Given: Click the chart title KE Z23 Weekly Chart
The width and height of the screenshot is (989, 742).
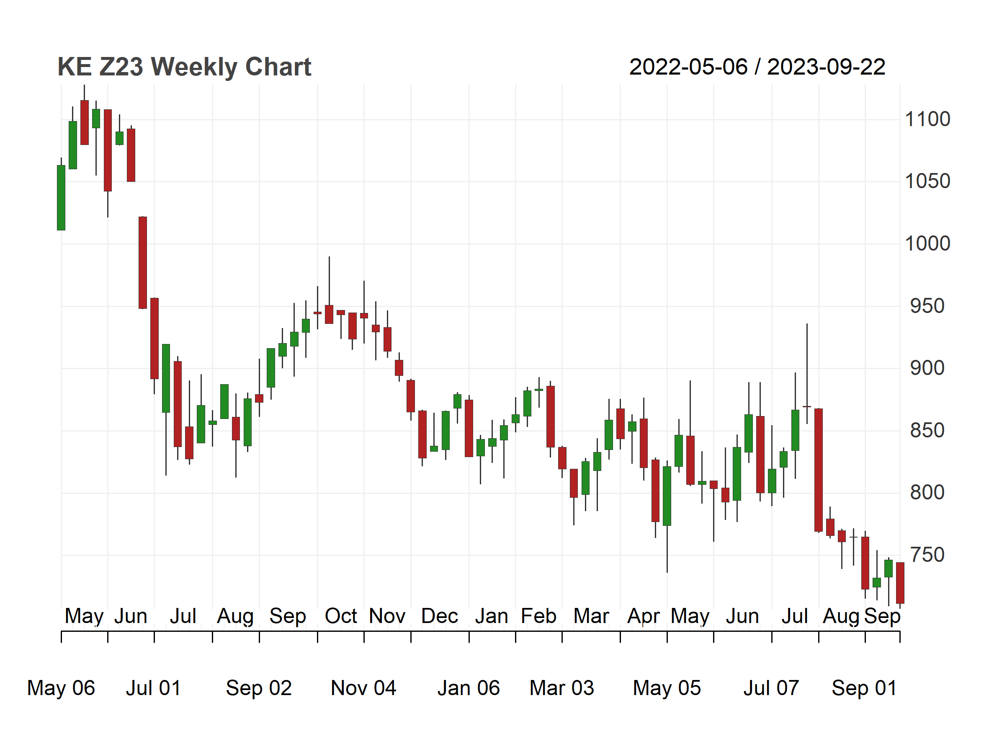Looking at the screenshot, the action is click(184, 67).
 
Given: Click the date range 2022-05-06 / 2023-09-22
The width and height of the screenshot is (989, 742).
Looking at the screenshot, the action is click(757, 67).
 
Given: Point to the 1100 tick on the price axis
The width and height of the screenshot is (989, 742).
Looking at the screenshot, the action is click(927, 119).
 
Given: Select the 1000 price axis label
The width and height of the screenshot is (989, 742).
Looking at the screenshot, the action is click(927, 244).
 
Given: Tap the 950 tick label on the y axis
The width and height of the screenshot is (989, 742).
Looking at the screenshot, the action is click(927, 306).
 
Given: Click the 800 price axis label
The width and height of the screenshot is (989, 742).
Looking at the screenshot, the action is click(927, 492).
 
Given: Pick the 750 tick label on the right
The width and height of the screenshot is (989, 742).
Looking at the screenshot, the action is click(927, 555).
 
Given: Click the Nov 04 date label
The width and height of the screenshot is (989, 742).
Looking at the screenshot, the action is click(363, 688).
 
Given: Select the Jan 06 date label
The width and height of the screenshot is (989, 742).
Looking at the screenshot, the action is click(469, 688).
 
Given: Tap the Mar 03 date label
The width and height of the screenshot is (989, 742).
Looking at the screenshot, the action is click(561, 688).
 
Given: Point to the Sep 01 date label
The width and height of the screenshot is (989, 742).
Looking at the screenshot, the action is click(864, 688).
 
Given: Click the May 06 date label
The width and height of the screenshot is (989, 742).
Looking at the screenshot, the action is click(61, 688).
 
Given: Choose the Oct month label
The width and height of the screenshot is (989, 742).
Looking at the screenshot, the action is click(341, 616).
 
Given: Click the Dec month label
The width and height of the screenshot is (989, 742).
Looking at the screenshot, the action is click(440, 616).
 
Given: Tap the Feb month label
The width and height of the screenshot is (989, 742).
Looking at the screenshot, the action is click(539, 616).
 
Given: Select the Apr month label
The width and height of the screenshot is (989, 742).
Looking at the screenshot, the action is click(644, 616).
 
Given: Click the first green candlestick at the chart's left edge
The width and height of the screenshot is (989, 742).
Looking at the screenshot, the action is click(61, 198).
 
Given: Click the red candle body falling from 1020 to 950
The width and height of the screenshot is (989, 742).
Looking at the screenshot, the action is click(143, 263).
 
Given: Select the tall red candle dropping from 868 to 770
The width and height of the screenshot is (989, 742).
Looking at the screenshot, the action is click(819, 470).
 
